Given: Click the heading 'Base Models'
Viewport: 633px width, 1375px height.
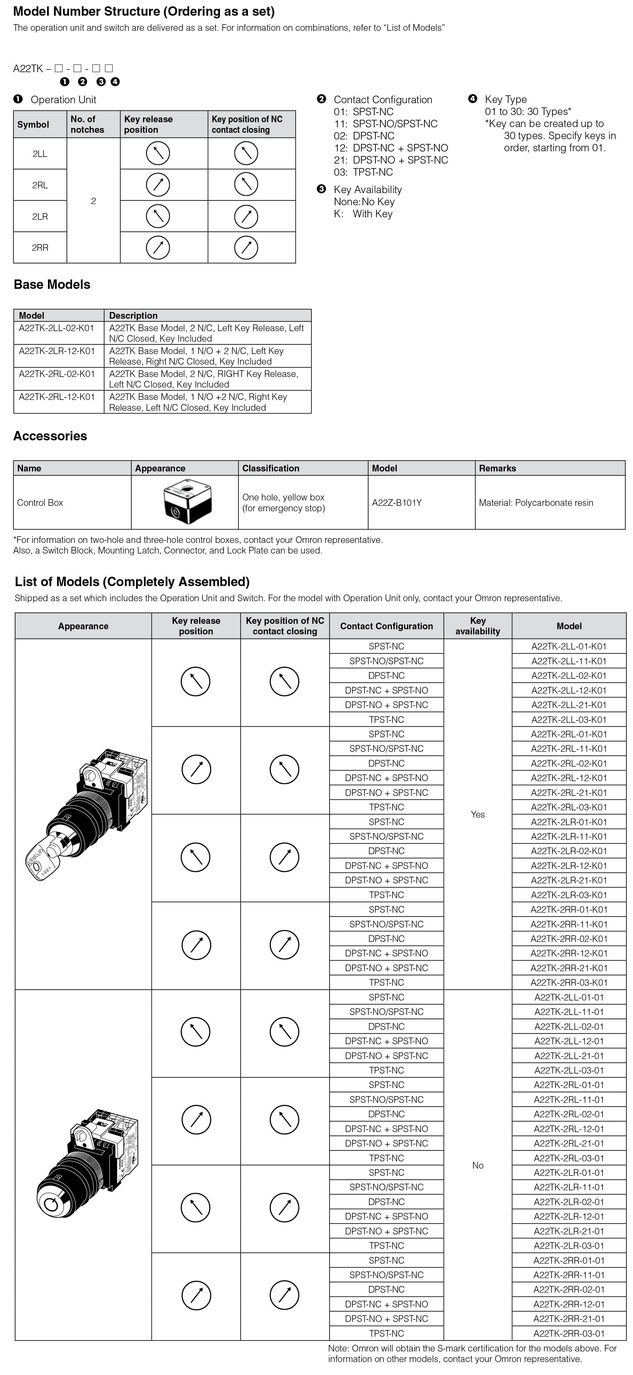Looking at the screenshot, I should coord(52,285).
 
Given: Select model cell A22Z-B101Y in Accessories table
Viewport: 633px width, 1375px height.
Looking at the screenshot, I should coord(396,503).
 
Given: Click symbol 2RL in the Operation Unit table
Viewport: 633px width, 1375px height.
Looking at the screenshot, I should coord(40,185).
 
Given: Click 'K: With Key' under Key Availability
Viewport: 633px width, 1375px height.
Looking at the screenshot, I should coord(364,213).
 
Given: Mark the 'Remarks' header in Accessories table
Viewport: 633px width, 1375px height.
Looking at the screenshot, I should coord(498,468).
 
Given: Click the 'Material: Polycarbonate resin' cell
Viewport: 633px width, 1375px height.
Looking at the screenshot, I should coord(536,503).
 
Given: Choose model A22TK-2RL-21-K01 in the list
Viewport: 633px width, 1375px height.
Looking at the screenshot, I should coord(569,793).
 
